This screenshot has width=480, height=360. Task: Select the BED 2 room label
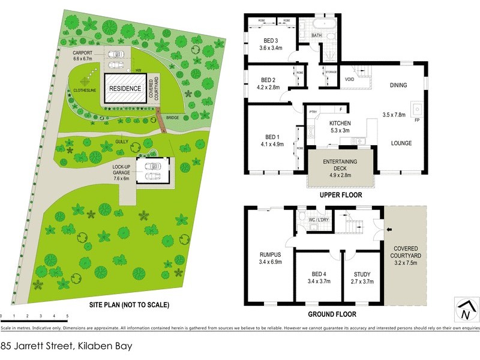coord(268,80)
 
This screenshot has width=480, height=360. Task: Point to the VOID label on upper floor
coord(349,79)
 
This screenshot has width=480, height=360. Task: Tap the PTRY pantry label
coord(313,112)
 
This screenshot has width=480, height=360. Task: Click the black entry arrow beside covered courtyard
coord(388,229)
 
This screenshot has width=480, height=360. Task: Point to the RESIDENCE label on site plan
coord(125,88)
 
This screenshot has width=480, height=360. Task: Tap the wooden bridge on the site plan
coord(161,121)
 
